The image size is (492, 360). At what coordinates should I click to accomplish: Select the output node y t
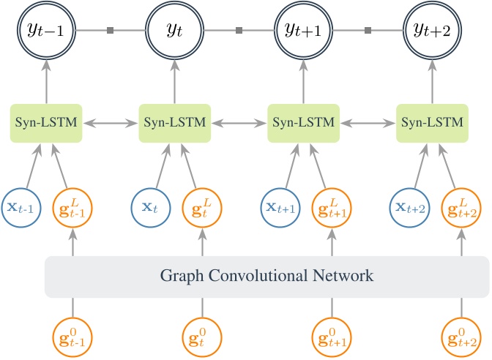click(174, 30)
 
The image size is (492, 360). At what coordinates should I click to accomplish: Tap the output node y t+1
click(303, 30)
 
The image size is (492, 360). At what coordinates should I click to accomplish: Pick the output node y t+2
click(432, 30)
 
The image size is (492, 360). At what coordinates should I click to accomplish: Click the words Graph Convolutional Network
click(266, 277)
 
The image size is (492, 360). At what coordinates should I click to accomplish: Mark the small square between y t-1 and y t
click(110, 31)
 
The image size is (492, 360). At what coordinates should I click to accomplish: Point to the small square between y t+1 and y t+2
click(368, 31)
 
